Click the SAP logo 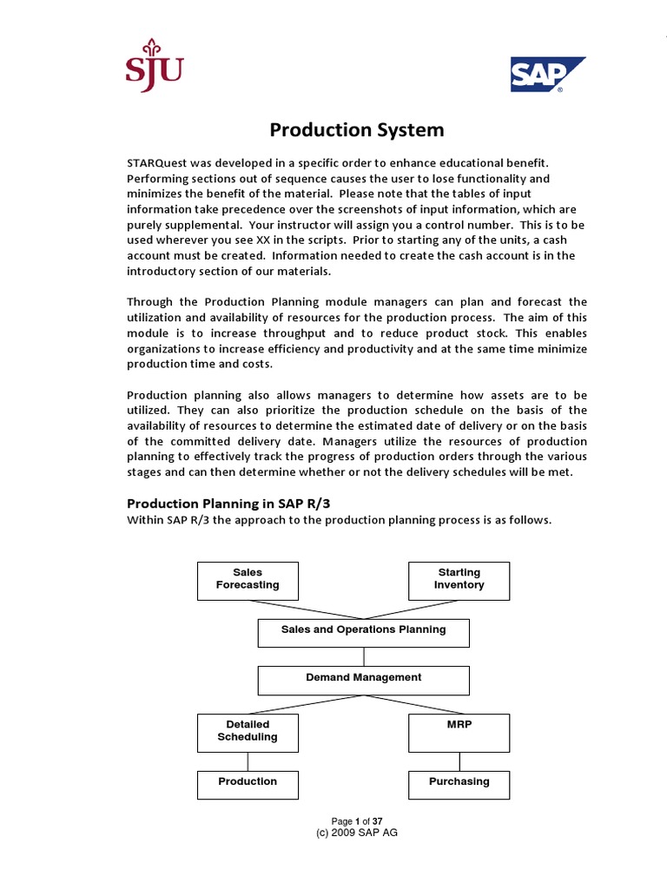pyautogui.click(x=546, y=76)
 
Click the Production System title pyautogui.click(x=356, y=130)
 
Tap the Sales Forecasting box pyautogui.click(x=248, y=580)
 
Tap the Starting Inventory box pyautogui.click(x=459, y=580)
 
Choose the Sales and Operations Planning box pyautogui.click(x=363, y=632)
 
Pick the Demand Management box pyautogui.click(x=363, y=680)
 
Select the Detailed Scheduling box pyautogui.click(x=248, y=732)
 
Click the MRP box pyautogui.click(x=459, y=732)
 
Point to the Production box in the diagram pyautogui.click(x=248, y=784)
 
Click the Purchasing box pyautogui.click(x=459, y=784)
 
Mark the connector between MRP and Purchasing pyautogui.click(x=459, y=761)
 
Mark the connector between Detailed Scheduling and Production pyautogui.click(x=248, y=761)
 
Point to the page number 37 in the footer pyautogui.click(x=378, y=821)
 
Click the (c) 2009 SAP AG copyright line pyautogui.click(x=356, y=832)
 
